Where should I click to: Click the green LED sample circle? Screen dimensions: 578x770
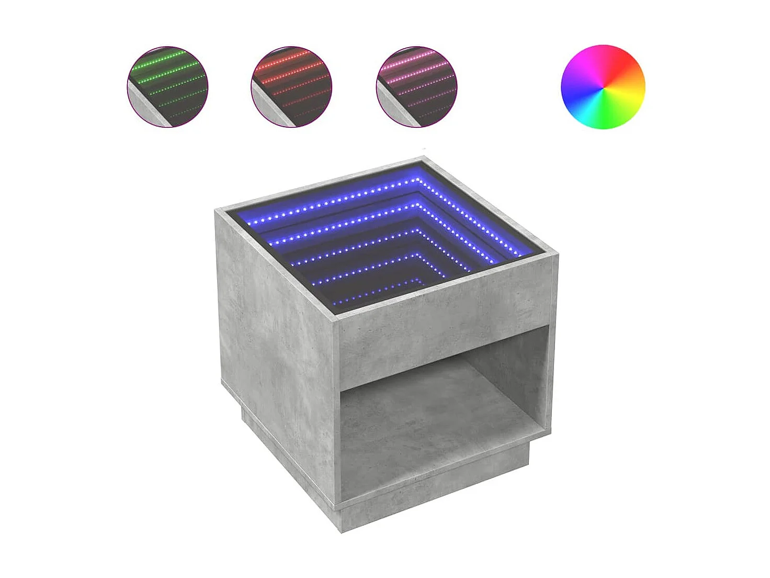click(167, 87)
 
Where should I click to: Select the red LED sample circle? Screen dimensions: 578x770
click(291, 87)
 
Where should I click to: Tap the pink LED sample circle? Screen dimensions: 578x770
click(416, 87)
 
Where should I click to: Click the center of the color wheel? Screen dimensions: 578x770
click(603, 87)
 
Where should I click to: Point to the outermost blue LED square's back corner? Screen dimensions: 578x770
click(418, 180)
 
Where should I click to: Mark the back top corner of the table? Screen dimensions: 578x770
click(423, 158)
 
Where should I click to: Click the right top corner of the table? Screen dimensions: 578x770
click(557, 254)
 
